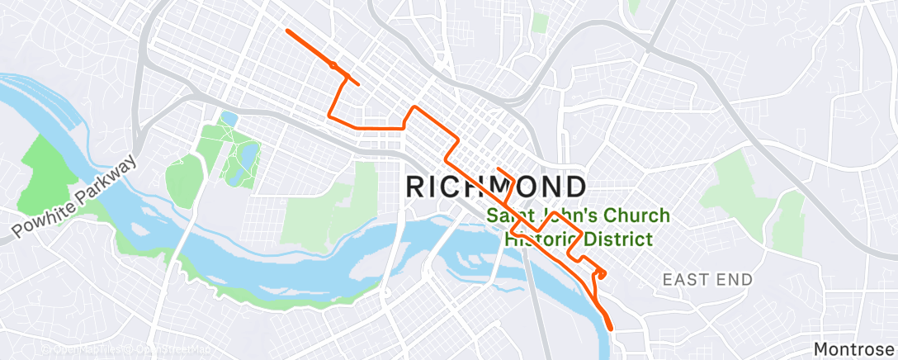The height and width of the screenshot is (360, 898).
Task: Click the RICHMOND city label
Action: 497,187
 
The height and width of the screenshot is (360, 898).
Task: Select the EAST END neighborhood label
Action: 707,280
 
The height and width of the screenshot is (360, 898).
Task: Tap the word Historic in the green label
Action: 540,239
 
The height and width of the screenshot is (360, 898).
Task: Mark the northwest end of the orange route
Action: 287,31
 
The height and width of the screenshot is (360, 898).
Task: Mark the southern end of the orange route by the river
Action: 612,328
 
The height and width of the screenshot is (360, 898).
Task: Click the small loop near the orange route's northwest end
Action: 333,64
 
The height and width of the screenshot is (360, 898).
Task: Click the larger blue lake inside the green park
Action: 245,154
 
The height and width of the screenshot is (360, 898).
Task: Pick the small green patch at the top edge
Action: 541,22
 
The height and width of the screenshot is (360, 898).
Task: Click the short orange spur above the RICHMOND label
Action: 505,173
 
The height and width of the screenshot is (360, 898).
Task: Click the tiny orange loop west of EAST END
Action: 601,273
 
